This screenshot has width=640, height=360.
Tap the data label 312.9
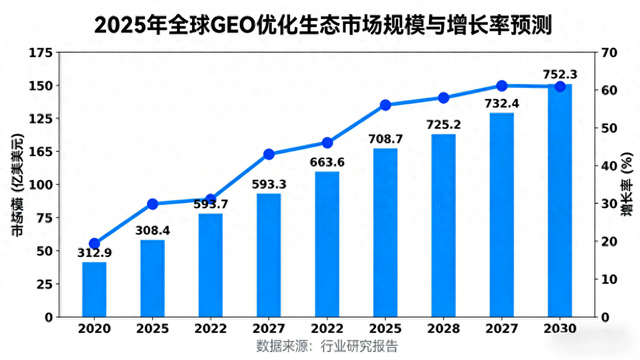[94, 251]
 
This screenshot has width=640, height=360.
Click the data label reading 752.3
[560, 73]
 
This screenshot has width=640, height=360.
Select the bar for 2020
[94, 289]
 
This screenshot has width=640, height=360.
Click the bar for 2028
[443, 225]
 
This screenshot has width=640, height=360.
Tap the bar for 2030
[560, 200]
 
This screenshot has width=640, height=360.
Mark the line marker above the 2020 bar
[94, 243]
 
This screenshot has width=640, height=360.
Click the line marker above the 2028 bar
[443, 98]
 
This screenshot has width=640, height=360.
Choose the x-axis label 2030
[560, 328]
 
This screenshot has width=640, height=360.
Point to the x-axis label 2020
[94, 328]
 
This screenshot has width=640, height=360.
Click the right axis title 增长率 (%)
[625, 184]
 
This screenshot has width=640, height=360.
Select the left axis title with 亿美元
[17, 184]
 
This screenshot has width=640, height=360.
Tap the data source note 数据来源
[327, 347]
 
